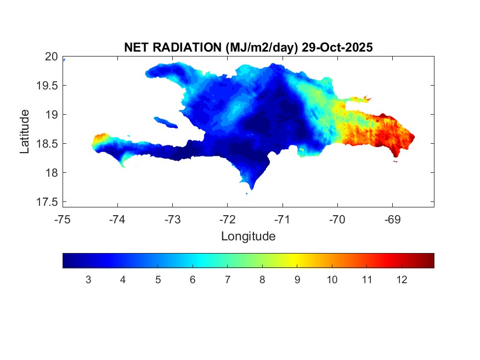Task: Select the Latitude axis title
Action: [x=25, y=131]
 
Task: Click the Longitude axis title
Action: [x=248, y=237]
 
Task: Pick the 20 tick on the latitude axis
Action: [x=52, y=57]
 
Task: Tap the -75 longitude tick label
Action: [x=63, y=220]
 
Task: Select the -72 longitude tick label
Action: [x=228, y=220]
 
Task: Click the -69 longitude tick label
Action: [x=392, y=220]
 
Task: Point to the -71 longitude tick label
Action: [x=283, y=220]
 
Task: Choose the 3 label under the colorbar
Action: [x=88, y=280]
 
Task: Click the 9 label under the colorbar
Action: [x=297, y=280]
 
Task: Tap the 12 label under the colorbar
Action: [x=402, y=280]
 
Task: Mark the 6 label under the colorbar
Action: [x=193, y=280]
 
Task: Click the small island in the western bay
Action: [x=165, y=122]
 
